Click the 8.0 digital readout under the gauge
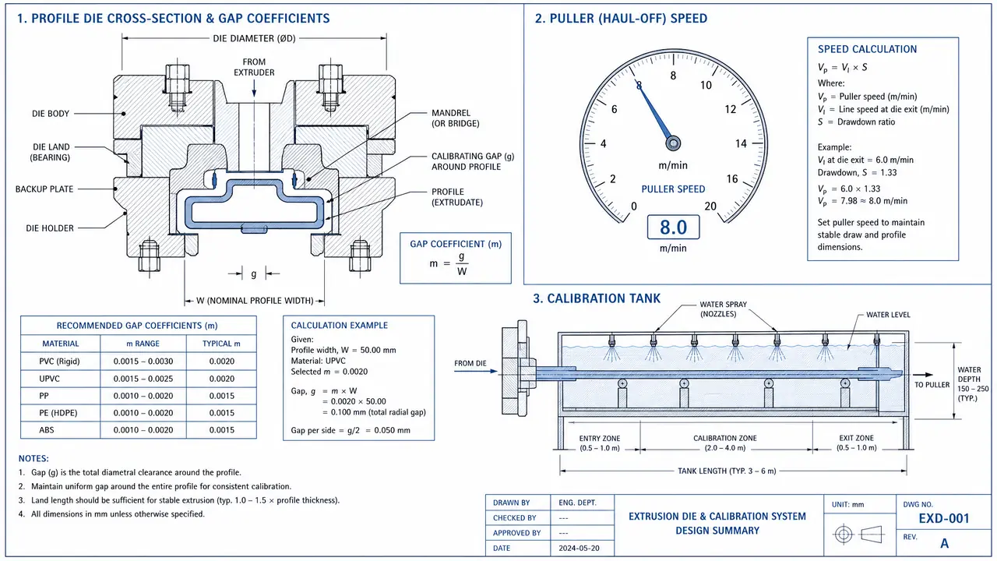pyautogui.click(x=673, y=227)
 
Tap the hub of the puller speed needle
pyautogui.click(x=673, y=143)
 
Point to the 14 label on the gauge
pyautogui.click(x=741, y=144)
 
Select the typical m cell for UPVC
pyautogui.click(x=222, y=379)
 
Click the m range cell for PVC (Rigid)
pyautogui.click(x=143, y=361)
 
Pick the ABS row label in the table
pyautogui.click(x=46, y=429)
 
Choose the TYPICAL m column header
pyautogui.click(x=221, y=344)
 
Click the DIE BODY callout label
pyautogui.click(x=51, y=114)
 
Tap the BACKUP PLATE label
pyautogui.click(x=44, y=189)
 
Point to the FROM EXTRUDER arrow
pyautogui.click(x=254, y=88)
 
